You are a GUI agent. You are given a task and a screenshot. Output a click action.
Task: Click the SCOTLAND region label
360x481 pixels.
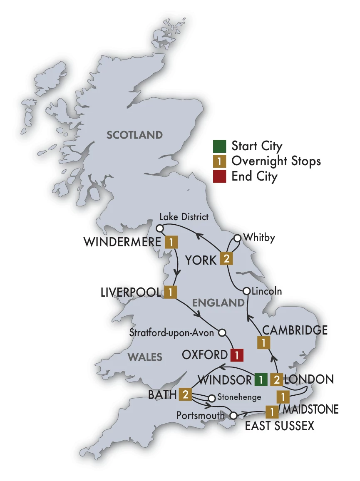(x=134, y=135)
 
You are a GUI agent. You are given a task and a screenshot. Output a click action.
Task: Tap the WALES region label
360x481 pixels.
(x=145, y=357)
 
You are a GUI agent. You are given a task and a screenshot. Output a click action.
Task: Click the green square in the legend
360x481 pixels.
(x=219, y=146)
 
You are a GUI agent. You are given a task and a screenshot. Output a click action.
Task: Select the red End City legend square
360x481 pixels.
(x=219, y=176)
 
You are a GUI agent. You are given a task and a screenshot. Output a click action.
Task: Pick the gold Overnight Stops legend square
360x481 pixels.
(x=219, y=161)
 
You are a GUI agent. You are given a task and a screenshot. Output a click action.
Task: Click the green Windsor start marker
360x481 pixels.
(x=261, y=379)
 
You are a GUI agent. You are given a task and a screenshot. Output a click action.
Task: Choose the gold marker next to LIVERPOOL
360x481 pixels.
(x=170, y=293)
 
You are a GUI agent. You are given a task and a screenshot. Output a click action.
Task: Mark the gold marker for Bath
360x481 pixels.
(x=185, y=394)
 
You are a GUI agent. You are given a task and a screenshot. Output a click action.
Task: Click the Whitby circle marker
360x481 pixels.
(x=237, y=238)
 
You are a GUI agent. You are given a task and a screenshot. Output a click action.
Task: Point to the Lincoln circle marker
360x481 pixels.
(x=246, y=291)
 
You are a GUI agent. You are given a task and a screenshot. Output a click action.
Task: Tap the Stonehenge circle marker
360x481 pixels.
(x=211, y=398)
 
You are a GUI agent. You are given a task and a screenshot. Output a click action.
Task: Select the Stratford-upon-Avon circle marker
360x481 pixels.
(x=222, y=332)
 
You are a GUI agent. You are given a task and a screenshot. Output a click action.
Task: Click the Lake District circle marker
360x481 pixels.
(x=159, y=228)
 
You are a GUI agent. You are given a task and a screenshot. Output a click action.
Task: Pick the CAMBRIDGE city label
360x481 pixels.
(x=295, y=330)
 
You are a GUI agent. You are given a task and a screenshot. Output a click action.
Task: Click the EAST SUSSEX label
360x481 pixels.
(x=279, y=426)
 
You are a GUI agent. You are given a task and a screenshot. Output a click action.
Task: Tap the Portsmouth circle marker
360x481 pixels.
(x=233, y=415)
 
